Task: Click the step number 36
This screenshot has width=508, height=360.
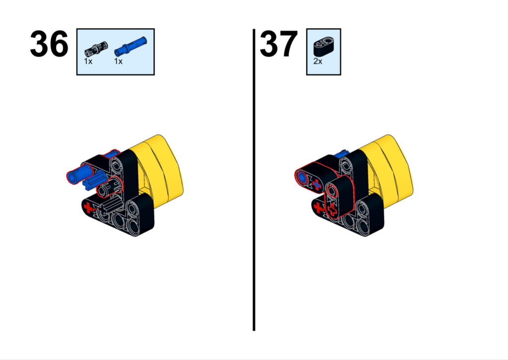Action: click(49, 44)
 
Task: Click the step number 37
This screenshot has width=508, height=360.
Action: click(279, 44)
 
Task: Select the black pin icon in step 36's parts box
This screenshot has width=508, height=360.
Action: click(96, 50)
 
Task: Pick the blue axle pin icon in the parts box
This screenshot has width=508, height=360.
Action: click(130, 46)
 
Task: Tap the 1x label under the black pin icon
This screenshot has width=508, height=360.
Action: click(88, 61)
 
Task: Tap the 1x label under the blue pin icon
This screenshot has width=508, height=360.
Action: click(118, 61)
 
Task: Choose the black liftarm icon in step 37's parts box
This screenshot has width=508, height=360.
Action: click(324, 46)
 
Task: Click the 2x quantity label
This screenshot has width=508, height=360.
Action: click(318, 61)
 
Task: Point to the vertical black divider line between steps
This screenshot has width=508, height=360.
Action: click(254, 180)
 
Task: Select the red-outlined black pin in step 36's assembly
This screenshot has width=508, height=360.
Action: click(110, 187)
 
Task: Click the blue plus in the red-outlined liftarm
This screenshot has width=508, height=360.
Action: click(317, 185)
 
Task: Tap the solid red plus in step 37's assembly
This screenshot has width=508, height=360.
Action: click(318, 207)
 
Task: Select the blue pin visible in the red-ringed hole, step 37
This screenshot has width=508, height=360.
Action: click(302, 177)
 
